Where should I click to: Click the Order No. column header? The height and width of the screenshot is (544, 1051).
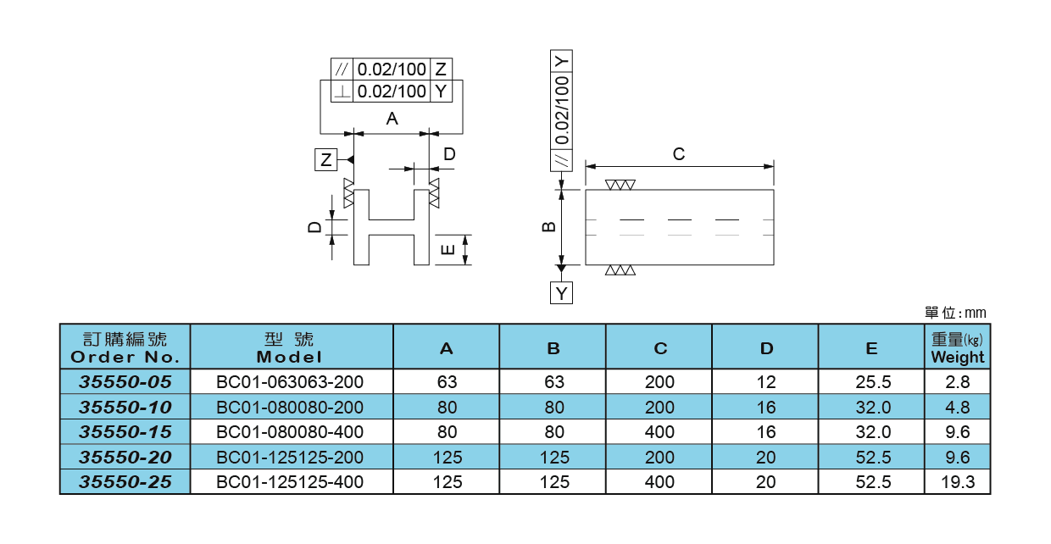[125, 347]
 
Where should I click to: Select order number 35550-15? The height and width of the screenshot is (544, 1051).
[125, 432]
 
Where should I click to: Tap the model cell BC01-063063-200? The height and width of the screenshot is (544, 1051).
[290, 382]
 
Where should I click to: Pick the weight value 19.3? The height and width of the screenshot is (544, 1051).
[958, 482]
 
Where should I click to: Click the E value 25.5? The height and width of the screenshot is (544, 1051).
[873, 382]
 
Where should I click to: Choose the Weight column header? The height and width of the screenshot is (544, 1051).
[958, 347]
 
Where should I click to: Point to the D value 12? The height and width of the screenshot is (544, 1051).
[765, 382]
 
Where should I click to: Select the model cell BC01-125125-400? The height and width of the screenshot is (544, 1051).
[290, 482]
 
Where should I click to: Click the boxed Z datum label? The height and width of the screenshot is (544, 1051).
[325, 160]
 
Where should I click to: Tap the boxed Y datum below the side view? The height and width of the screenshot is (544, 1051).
[561, 293]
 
